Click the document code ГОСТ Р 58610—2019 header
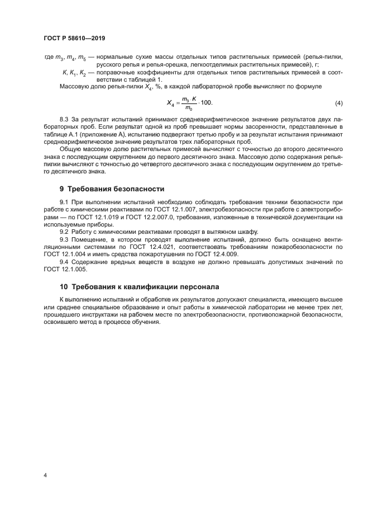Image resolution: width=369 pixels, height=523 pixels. point(74,38)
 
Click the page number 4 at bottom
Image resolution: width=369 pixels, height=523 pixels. point(45,475)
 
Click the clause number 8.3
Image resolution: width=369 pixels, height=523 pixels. point(65,120)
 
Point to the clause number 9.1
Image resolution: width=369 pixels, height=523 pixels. point(65,201)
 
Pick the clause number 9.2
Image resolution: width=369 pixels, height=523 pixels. point(65,230)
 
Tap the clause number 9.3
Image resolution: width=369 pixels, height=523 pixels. point(65,238)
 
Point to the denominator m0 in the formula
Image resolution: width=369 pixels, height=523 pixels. point(190,109)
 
